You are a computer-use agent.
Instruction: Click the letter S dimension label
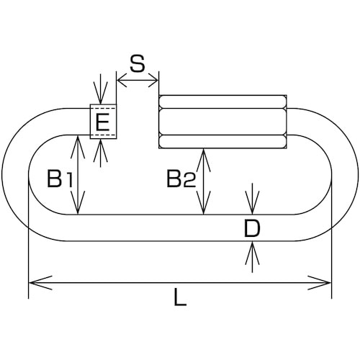click(x=138, y=63)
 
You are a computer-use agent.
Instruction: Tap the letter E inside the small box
click(x=102, y=122)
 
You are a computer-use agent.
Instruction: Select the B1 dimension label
click(x=60, y=179)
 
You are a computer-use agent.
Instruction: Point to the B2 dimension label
click(x=181, y=179)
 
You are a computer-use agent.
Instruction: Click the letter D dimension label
click(x=252, y=228)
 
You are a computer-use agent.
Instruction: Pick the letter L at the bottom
click(x=180, y=297)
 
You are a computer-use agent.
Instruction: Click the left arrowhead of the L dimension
click(x=40, y=283)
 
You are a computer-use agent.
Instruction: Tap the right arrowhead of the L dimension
click(x=320, y=283)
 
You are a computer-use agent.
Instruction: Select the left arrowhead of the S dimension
click(x=122, y=80)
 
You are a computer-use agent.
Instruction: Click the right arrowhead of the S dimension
click(x=153, y=80)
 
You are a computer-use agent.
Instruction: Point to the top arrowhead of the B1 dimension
click(x=78, y=147)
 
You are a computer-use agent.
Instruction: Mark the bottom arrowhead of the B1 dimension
click(x=78, y=202)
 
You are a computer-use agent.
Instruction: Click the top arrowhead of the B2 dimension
click(x=203, y=161)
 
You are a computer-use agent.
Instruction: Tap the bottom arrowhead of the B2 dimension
click(x=203, y=202)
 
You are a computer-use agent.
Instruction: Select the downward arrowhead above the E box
click(x=101, y=93)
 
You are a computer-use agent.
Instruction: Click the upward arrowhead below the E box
click(x=101, y=150)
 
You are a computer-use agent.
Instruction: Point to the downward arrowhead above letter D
click(x=252, y=202)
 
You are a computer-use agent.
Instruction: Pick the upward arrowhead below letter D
click(x=252, y=253)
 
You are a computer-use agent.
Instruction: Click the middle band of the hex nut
click(x=222, y=122)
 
